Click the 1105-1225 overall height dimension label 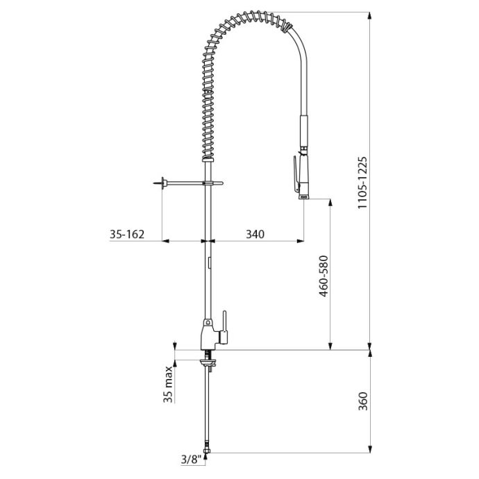[x=362, y=183]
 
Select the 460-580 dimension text [x=323, y=276]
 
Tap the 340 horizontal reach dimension [x=255, y=235]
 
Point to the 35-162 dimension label [x=127, y=235]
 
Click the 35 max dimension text [x=168, y=385]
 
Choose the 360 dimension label [x=363, y=401]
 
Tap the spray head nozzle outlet [x=303, y=197]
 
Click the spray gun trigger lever [x=296, y=174]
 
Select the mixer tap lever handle [x=224, y=327]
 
